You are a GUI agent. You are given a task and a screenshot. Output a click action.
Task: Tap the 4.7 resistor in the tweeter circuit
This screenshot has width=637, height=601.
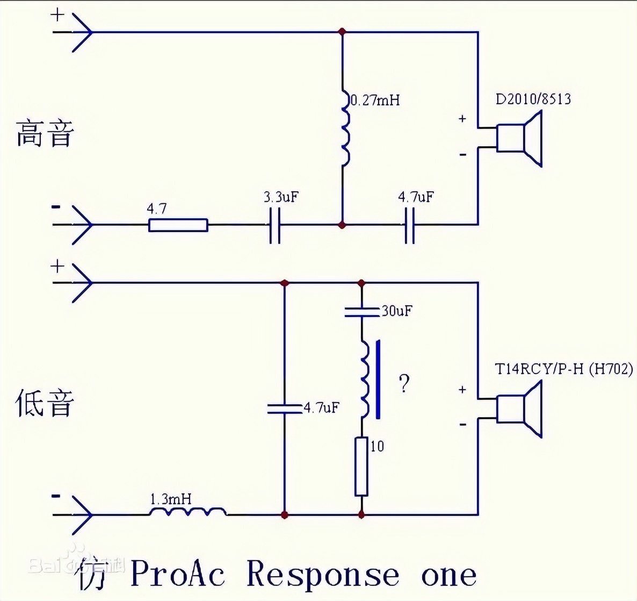tap(178, 225)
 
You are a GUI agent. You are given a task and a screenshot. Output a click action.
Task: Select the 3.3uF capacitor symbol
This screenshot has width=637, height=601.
tap(274, 225)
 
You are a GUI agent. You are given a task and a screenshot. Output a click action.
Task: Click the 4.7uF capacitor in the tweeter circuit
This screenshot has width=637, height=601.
tap(409, 225)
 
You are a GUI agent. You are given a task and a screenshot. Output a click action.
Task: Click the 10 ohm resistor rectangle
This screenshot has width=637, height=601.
tap(361, 466)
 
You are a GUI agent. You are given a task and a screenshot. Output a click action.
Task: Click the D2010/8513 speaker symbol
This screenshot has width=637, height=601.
tap(518, 138)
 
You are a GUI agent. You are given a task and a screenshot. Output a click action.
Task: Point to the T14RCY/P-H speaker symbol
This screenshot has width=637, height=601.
tap(518, 409)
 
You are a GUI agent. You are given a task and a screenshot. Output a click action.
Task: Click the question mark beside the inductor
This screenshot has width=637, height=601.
tap(404, 383)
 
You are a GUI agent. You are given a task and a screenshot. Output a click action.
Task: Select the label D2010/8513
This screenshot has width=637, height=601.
tap(533, 99)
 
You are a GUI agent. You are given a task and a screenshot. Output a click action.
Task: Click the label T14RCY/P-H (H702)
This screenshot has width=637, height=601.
tap(563, 369)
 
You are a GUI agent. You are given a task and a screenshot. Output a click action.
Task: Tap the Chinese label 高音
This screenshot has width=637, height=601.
tap(44, 134)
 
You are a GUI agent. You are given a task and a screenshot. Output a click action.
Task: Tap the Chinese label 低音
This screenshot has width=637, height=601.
tap(44, 404)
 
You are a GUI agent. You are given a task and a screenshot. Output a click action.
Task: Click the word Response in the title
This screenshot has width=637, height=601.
tap(322, 574)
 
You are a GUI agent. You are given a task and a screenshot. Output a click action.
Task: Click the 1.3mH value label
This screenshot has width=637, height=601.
tap(170, 499)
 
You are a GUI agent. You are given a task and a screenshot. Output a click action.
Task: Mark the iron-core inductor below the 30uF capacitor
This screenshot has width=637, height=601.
tap(365, 379)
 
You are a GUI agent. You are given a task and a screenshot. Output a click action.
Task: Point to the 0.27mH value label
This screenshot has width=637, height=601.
tap(375, 100)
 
